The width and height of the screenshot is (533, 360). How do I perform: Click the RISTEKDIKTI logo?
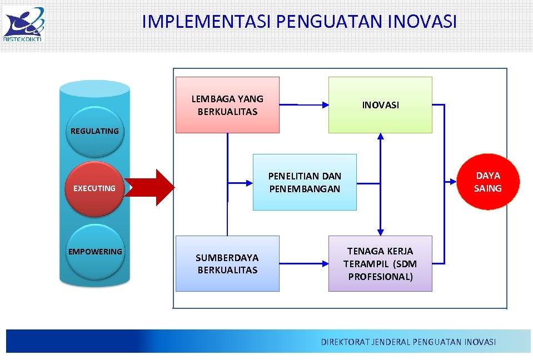coord(23,23)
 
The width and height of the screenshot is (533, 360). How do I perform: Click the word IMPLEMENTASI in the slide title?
coord(206,22)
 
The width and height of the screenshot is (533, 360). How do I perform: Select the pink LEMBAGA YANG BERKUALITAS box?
coord(227,105)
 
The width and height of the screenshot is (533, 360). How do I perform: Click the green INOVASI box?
coord(380,105)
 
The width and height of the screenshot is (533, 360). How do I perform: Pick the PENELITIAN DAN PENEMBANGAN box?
coord(305,182)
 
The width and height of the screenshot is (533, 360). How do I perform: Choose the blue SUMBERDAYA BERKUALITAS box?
coord(227,264)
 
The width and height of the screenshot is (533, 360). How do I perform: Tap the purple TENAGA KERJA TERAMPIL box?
coord(380,264)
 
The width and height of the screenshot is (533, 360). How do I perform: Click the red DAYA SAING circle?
coord(487,182)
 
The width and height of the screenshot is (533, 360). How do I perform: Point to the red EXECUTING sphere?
coord(94,188)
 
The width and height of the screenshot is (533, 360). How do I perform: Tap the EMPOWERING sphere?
coord(94,252)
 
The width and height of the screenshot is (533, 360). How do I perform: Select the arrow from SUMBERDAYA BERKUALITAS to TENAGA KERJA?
coord(303,263)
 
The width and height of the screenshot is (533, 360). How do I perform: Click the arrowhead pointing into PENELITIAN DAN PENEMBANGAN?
coord(248,182)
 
